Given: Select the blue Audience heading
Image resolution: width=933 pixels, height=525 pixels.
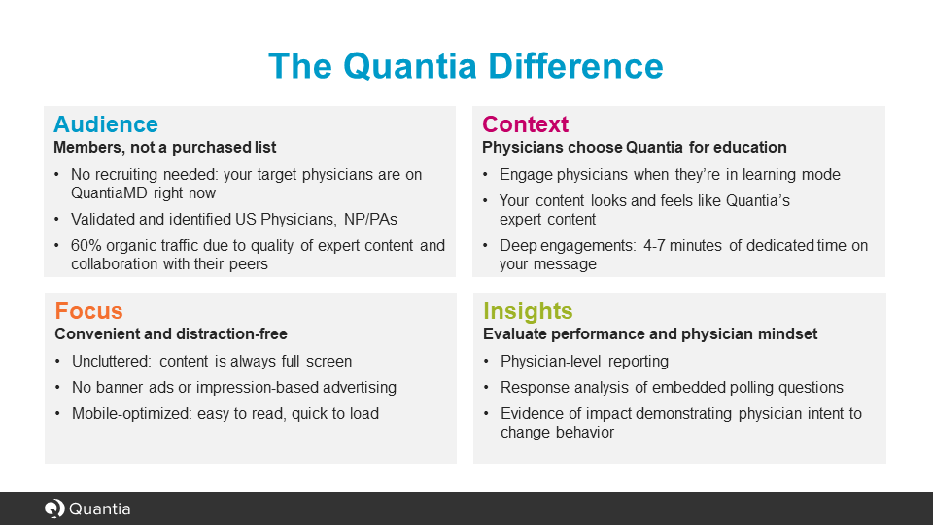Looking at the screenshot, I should (x=105, y=124).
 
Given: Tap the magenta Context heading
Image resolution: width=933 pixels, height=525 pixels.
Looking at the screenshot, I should (x=525, y=124).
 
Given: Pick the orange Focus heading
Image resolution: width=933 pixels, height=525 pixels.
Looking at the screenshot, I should (x=88, y=311).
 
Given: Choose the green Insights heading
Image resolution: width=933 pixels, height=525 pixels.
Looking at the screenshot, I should (x=528, y=311).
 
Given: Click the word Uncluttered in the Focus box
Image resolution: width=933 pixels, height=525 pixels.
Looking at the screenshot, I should (x=111, y=361).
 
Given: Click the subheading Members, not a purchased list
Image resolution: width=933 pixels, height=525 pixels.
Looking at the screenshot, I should (x=164, y=148).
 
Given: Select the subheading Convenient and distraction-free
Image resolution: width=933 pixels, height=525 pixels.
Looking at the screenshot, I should (x=170, y=334).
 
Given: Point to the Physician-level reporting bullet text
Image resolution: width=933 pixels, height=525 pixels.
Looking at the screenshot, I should (x=584, y=361).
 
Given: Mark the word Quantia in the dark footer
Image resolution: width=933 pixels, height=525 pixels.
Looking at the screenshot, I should (x=100, y=508).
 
